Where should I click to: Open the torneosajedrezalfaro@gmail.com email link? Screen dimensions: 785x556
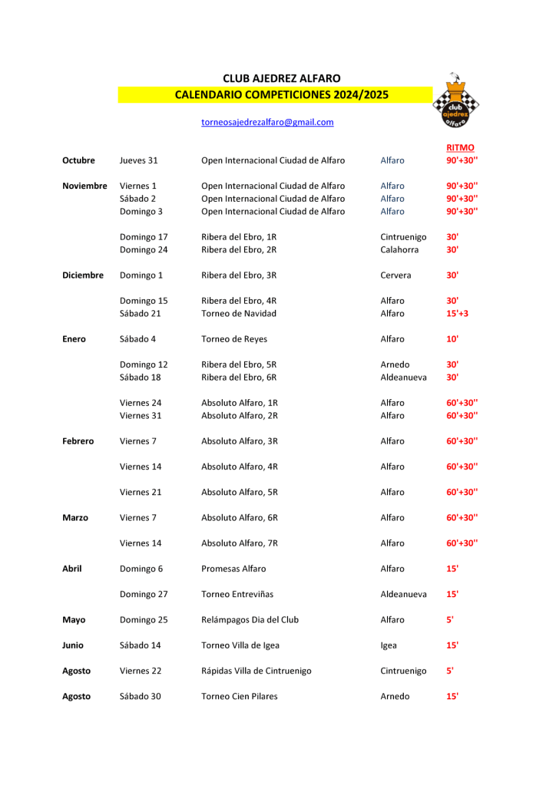267,122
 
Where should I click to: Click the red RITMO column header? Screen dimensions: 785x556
460,147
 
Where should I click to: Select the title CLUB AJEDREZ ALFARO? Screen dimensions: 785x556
281,78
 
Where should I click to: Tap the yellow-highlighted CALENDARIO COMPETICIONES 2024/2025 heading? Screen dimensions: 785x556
281,95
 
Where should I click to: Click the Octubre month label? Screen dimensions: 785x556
78,160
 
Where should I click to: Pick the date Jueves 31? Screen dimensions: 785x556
138,160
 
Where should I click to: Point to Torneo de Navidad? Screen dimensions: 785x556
239,313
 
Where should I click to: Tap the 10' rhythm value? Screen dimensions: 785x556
452,338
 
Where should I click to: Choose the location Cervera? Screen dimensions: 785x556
395,275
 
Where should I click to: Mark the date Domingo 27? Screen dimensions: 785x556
144,594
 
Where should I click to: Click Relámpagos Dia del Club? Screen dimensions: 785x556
250,619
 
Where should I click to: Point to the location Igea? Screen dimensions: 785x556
389,645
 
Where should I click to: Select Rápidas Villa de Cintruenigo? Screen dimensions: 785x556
256,671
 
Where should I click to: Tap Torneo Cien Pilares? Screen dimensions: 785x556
240,696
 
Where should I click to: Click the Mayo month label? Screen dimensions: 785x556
74,619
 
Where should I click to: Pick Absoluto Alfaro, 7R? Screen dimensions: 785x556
240,543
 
